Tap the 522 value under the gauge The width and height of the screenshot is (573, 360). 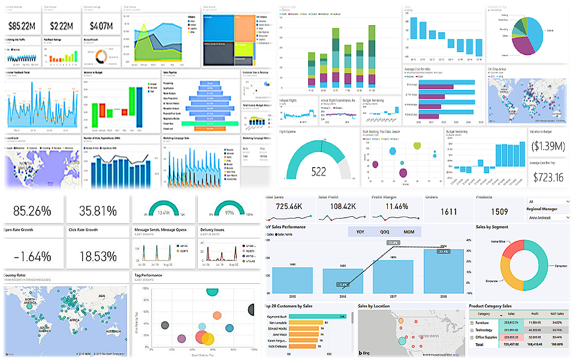319,172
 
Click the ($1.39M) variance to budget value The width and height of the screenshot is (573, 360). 548,146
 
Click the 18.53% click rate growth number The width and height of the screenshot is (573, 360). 97,256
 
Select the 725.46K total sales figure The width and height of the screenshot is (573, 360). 291,206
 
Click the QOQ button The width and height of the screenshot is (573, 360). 384,232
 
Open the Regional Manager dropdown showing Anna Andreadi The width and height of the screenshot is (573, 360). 548,218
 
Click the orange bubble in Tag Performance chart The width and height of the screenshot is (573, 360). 207,339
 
